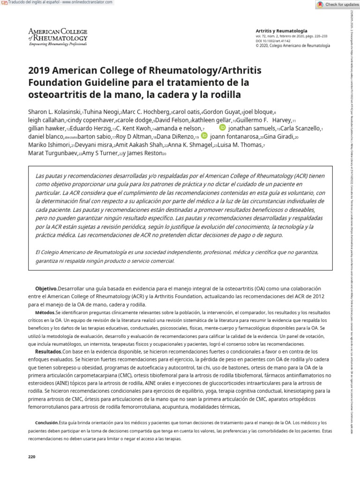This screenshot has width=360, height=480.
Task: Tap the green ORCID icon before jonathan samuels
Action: point(222,127)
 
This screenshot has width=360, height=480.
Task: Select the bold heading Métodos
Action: point(45,312)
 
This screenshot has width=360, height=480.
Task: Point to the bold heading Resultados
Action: point(49,352)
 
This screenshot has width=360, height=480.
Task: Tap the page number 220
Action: point(32,457)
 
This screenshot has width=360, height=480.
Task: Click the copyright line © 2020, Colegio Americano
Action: point(292,45)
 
